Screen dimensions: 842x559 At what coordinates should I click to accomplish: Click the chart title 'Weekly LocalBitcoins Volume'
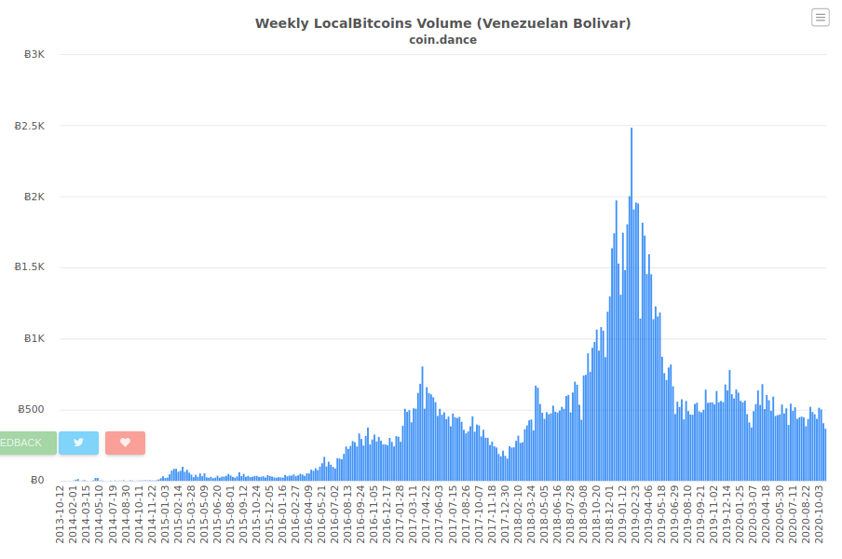point(363,23)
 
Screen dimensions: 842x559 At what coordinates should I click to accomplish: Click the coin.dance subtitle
point(443,40)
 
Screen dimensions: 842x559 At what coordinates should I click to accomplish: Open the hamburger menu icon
point(820,17)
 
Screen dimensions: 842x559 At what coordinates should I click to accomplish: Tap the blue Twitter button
point(78,443)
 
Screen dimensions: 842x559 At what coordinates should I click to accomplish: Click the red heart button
point(125,443)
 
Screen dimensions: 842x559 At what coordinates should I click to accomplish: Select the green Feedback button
point(28,443)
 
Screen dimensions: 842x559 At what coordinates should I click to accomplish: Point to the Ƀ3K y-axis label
point(34,54)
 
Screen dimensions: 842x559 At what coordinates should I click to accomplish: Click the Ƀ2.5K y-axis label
point(30,126)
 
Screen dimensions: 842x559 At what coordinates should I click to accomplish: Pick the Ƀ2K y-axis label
point(34,198)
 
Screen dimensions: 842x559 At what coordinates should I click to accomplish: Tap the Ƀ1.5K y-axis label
point(30,266)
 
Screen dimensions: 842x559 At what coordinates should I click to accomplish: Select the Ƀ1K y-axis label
point(34,338)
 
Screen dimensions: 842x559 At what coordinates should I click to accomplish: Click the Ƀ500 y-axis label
point(31,409)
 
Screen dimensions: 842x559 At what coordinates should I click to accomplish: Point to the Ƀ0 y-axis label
point(37,480)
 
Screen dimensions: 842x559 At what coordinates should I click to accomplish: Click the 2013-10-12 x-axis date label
point(60,514)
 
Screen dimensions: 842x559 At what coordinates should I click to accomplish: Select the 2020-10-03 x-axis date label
point(820,514)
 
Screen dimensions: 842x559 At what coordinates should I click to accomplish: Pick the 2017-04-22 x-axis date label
point(427,514)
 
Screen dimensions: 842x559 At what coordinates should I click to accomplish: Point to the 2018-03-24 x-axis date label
point(531,514)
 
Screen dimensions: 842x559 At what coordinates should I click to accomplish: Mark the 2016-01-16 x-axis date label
point(282,514)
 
